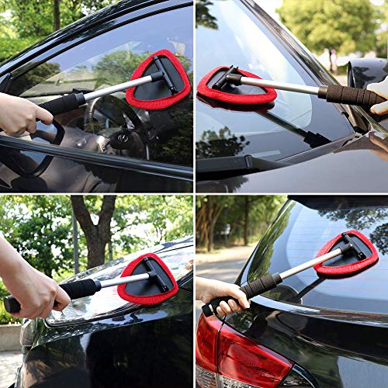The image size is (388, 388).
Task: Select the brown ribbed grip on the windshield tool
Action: (349, 95)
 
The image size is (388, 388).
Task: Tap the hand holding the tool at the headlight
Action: (35, 293)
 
